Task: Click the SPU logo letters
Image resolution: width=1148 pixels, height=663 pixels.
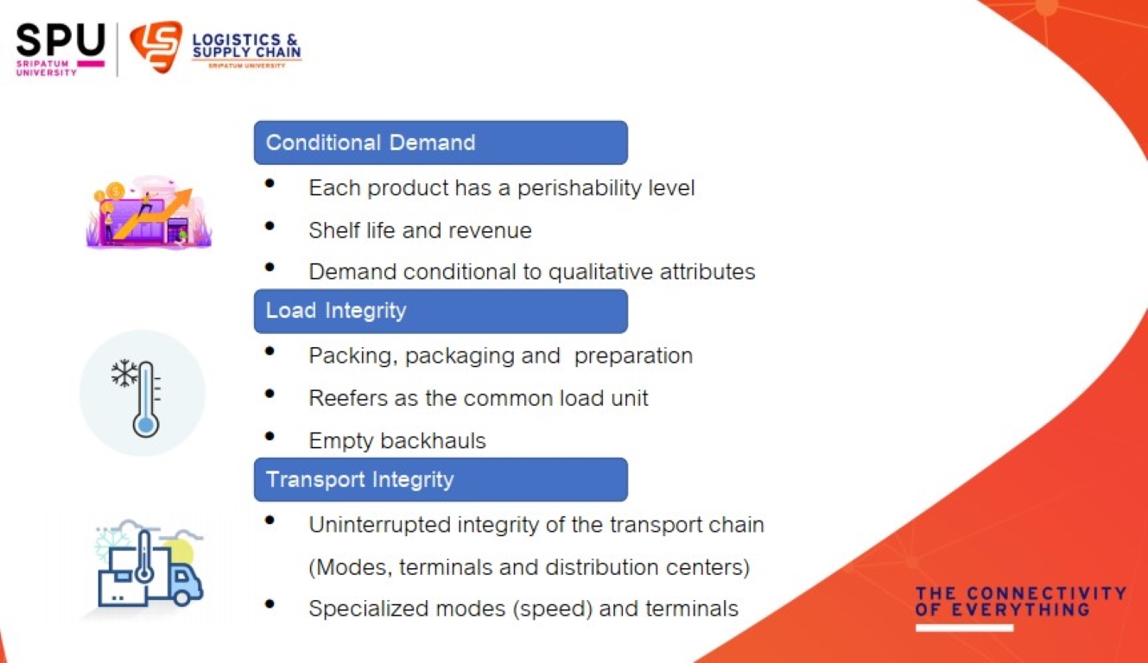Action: click(x=60, y=40)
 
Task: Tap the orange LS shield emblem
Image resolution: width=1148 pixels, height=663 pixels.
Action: click(x=156, y=46)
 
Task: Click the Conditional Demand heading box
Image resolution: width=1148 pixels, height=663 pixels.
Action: click(x=441, y=142)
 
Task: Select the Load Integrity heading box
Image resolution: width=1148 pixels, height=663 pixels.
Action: click(x=441, y=311)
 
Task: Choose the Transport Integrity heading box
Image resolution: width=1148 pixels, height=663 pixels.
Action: click(x=441, y=480)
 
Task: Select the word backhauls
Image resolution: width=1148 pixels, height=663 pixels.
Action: click(x=433, y=440)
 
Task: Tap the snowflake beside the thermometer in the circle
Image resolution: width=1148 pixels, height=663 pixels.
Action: click(x=124, y=373)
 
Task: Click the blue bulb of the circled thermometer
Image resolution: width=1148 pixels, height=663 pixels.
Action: click(x=145, y=426)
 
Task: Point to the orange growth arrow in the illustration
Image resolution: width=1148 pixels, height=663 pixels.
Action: click(x=153, y=214)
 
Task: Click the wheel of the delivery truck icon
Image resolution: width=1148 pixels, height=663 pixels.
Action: click(x=181, y=597)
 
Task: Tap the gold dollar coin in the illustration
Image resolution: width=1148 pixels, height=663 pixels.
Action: click(x=115, y=193)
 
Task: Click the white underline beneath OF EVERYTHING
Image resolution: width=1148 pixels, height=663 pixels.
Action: click(x=964, y=628)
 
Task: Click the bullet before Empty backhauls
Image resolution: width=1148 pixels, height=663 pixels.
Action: click(x=270, y=436)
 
